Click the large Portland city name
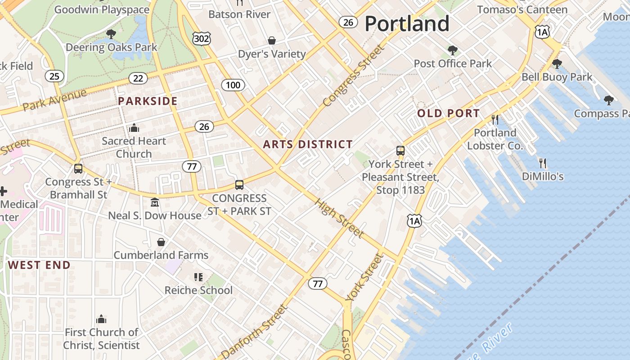[x=407, y=23]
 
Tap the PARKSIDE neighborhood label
[x=148, y=101]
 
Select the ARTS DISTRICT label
[x=308, y=144]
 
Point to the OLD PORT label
[x=448, y=113]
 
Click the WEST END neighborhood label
[x=39, y=265]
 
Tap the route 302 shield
[x=201, y=39]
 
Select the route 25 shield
[x=54, y=76]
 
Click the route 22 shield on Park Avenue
[x=138, y=78]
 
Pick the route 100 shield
[x=233, y=85]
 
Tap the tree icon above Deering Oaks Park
[x=111, y=34]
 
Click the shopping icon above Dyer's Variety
[x=272, y=40]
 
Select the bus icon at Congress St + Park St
[x=239, y=184]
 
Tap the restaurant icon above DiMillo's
[x=543, y=163]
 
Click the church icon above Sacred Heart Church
[x=134, y=128]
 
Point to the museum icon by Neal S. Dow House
[x=155, y=202]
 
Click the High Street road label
[x=339, y=218]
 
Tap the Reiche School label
[x=198, y=290]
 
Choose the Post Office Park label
[x=453, y=63]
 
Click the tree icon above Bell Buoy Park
[x=557, y=64]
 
